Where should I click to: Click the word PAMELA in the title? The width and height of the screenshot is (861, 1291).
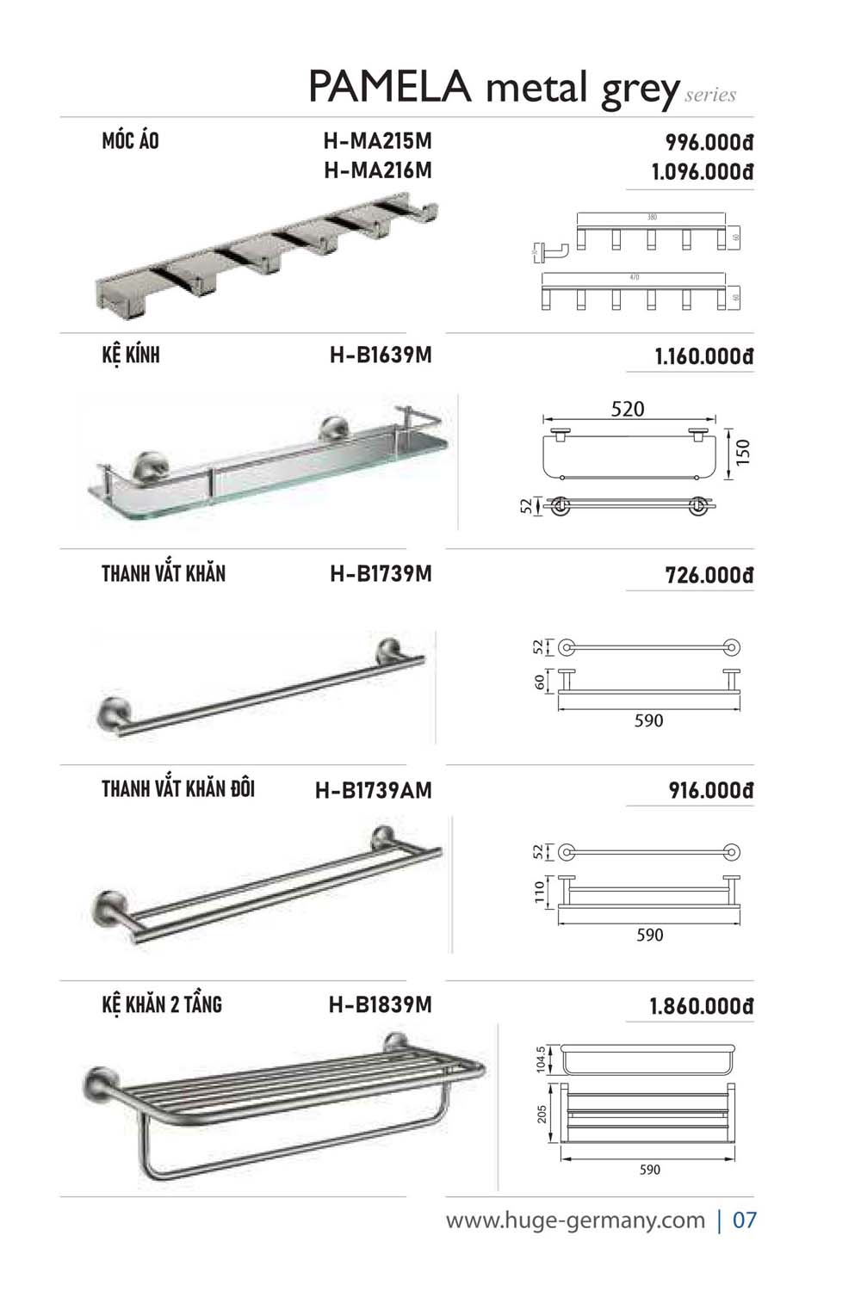(389, 88)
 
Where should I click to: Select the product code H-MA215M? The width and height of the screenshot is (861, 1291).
(377, 141)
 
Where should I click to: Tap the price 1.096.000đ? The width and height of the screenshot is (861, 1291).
(702, 172)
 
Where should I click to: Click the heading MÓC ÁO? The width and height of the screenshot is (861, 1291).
(130, 141)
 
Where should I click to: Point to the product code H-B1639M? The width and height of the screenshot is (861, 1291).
(380, 355)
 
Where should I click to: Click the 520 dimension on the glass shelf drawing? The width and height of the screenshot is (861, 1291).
(627, 409)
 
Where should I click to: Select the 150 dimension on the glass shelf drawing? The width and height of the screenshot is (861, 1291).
(744, 452)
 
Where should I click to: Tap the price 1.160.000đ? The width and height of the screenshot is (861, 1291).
(703, 356)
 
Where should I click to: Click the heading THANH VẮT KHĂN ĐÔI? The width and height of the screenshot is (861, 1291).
(178, 788)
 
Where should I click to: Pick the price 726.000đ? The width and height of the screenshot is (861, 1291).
(709, 575)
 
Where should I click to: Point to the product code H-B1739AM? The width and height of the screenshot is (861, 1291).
(373, 790)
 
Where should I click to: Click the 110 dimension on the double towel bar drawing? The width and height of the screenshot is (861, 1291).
(541, 891)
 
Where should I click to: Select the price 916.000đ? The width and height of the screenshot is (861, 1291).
(710, 790)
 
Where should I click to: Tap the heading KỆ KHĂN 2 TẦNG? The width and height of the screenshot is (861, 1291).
(162, 1004)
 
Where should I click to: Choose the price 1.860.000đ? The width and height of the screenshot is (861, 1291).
(701, 1006)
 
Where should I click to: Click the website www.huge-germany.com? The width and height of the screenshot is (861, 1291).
(575, 1220)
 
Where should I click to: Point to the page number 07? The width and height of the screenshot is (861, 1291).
(744, 1220)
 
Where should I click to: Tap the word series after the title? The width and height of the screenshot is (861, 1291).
(710, 96)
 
